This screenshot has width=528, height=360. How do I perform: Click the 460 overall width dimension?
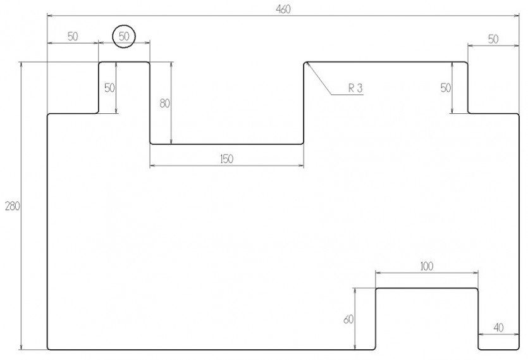(283, 9)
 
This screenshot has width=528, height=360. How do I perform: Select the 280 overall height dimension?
(13, 206)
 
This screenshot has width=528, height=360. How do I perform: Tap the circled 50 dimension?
(124, 37)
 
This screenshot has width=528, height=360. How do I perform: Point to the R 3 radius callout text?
(355, 89)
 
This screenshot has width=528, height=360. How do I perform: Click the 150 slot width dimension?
(226, 159)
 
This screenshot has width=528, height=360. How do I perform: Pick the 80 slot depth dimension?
(164, 104)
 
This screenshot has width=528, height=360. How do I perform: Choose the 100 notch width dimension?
(427, 266)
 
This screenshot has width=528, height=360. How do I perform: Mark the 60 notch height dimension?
(348, 319)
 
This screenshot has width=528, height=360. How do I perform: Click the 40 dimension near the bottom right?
(499, 327)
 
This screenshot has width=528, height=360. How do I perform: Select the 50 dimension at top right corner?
(493, 39)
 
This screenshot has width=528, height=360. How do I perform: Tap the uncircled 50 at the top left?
(73, 37)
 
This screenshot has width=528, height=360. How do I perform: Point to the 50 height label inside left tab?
(109, 88)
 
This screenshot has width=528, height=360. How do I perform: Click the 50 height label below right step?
(446, 88)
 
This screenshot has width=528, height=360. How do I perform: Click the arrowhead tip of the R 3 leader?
(306, 63)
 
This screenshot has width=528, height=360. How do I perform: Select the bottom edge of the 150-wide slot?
(226, 144)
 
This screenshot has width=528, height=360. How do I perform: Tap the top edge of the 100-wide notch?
(427, 289)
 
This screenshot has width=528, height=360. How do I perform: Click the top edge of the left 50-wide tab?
(124, 62)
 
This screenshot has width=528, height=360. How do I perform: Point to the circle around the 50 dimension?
(124, 25)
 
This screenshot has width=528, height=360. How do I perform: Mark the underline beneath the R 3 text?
(347, 95)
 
